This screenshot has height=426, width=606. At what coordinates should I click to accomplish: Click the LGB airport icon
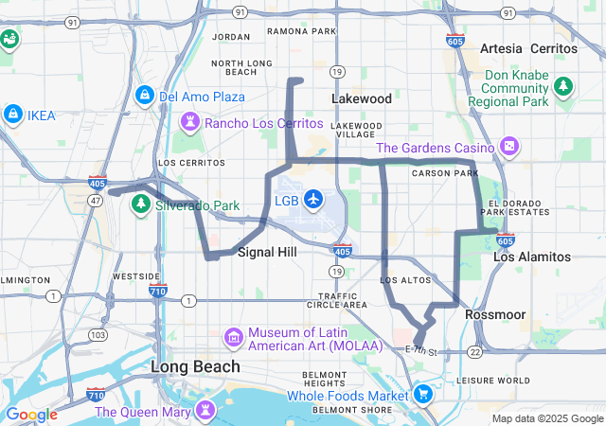tap(312, 201)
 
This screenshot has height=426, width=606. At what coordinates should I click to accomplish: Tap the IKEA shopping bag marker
tap(13, 115)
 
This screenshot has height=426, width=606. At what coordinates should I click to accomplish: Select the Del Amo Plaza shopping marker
tap(144, 97)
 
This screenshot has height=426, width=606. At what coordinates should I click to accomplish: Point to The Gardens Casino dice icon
tap(509, 147)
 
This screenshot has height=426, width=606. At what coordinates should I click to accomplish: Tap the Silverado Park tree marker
tap(141, 204)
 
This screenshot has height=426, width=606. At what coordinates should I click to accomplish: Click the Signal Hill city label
tap(267, 252)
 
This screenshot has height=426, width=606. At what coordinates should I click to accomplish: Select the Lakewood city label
tap(361, 98)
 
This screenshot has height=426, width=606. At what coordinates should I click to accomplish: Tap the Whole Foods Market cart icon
tap(422, 394)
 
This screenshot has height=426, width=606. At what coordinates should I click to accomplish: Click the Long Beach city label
tap(196, 365)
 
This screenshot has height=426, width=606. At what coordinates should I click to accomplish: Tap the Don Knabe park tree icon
tap(564, 87)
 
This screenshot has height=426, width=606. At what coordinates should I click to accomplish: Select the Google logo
tap(31, 414)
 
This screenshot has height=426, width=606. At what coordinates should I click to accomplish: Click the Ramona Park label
tap(301, 31)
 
